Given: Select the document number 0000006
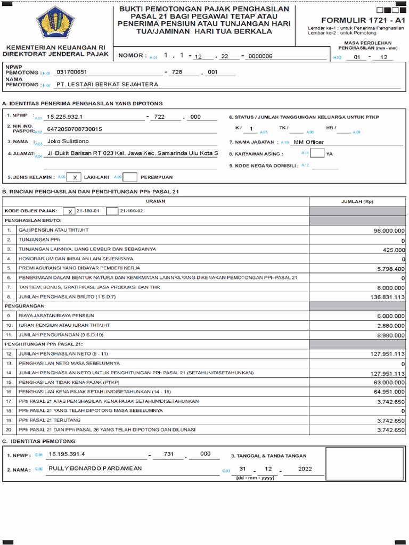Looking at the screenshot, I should click(260, 56).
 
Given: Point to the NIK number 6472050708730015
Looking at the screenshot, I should click(75, 129).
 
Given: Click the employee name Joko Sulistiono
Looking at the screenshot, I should click(69, 141).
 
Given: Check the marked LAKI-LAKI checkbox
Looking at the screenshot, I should click(75, 177).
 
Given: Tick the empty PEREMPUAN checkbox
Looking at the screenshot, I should click(130, 177).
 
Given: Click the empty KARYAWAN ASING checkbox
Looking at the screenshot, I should click(317, 153).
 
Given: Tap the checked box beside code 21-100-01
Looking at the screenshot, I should click(69, 211).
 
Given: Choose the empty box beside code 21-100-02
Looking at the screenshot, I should click(112, 211).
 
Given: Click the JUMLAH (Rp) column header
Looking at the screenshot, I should click(357, 202).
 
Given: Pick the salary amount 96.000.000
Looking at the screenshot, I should click(386, 231).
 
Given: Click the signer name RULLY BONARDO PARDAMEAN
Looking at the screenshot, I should click(95, 468).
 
